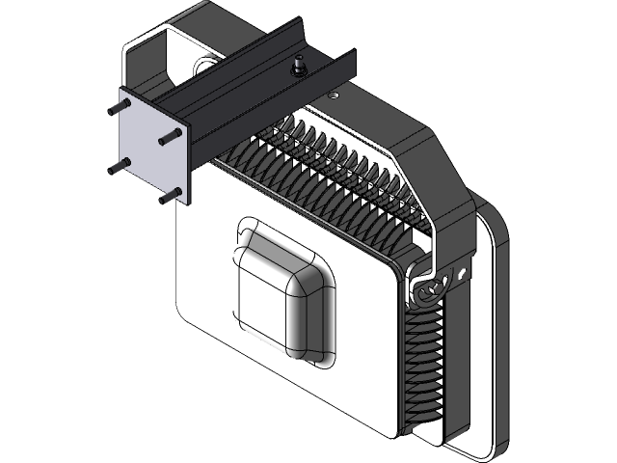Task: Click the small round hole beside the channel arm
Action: [x=333, y=95]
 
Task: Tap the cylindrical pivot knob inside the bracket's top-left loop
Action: [x=203, y=66]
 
